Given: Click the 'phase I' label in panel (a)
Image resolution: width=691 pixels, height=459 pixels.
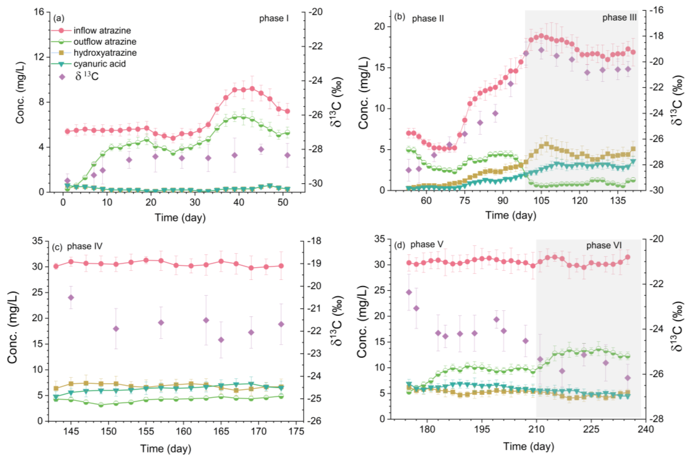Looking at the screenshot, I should [274, 18].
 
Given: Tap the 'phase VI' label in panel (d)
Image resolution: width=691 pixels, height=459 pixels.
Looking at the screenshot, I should [604, 245].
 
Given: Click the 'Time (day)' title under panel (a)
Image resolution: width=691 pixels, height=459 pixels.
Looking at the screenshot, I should [180, 218].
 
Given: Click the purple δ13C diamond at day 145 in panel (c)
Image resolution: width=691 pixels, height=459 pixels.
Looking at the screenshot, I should [71, 298].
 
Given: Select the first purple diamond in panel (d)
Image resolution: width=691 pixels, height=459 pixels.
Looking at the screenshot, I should [409, 292].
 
